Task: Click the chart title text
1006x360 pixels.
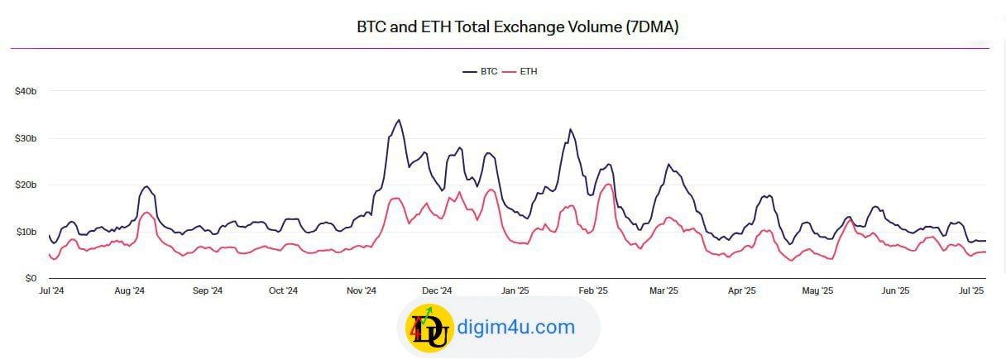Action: pos(517,27)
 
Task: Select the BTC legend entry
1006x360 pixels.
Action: pos(480,71)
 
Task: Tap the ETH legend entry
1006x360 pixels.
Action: pos(520,71)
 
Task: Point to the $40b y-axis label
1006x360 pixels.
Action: pos(26,91)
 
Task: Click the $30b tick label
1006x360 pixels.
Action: pos(26,138)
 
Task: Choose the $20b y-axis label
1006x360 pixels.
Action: pos(26,185)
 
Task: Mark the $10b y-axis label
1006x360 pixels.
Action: pos(26,232)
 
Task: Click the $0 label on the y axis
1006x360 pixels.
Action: pos(31,279)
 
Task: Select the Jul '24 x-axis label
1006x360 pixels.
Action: pos(51,290)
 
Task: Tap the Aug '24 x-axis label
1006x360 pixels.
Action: pos(129,290)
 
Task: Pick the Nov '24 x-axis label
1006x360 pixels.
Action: pos(361,290)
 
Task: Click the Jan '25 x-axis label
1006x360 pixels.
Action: pos(515,290)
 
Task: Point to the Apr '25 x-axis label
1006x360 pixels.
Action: pos(742,290)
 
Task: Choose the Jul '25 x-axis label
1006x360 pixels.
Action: pos(971,290)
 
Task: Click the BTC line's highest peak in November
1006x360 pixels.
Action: pos(399,120)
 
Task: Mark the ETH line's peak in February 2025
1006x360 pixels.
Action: pos(609,185)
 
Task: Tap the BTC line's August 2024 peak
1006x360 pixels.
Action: pos(146,186)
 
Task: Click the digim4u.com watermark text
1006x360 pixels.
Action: pos(516,327)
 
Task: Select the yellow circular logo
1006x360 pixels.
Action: pos(429,328)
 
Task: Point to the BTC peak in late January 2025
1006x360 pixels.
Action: pos(570,129)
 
